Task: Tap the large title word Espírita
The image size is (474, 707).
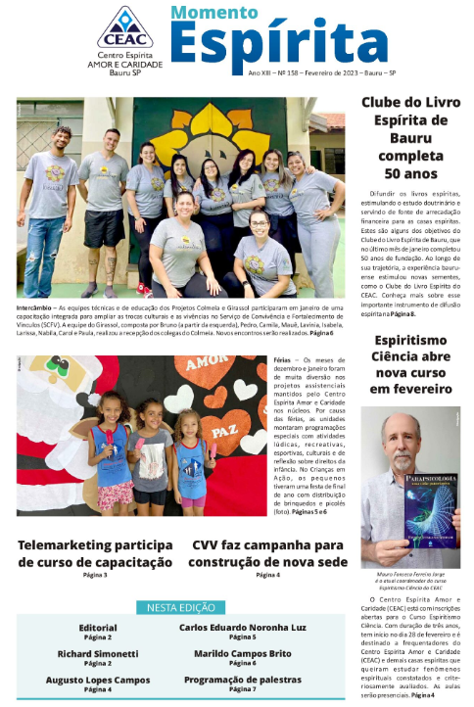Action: tap(279, 44)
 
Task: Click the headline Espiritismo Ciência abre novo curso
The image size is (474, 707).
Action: tap(410, 363)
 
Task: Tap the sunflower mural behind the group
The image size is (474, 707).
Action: tap(211, 127)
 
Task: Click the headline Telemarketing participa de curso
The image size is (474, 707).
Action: tap(95, 553)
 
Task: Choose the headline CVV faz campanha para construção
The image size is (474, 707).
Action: tap(267, 553)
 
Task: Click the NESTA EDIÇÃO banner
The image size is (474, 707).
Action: tap(182, 608)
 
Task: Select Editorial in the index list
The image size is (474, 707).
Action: tap(97, 627)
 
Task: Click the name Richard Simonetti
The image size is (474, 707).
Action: tap(97, 653)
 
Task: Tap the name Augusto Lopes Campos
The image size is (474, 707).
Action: tap(97, 680)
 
